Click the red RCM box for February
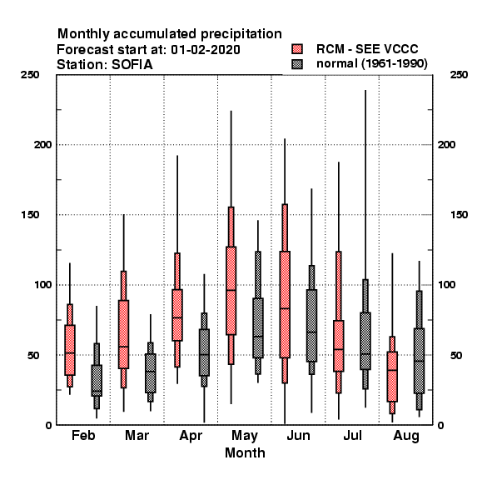click(70, 350)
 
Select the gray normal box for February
click(97, 381)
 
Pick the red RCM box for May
click(231, 291)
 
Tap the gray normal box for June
click(311, 326)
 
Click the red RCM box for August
click(392, 377)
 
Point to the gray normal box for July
click(365, 341)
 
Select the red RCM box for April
click(177, 315)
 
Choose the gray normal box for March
click(151, 373)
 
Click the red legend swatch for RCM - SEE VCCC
click(297, 49)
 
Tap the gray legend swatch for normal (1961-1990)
click(297, 64)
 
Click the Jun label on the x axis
click(298, 436)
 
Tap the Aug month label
click(406, 436)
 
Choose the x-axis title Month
click(245, 452)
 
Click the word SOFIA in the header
click(132, 65)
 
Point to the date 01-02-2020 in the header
click(206, 50)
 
